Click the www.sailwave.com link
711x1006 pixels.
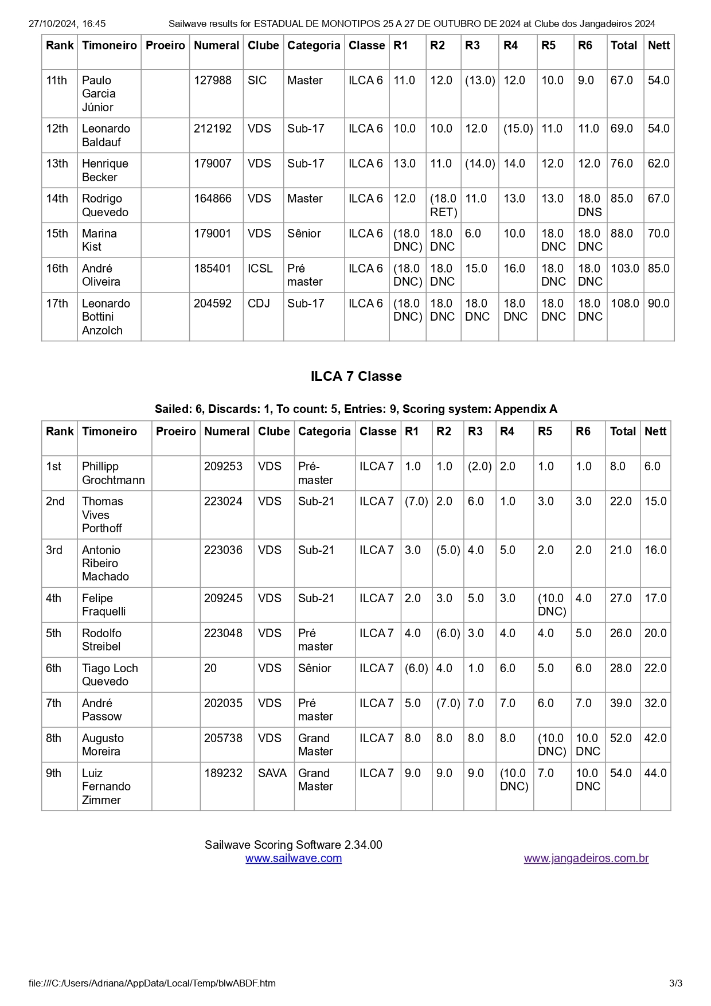pyautogui.click(x=293, y=858)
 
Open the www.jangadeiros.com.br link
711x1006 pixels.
pyautogui.click(x=586, y=858)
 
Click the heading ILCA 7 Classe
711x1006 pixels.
pyautogui.click(x=355, y=376)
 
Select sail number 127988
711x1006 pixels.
pyautogui.click(x=213, y=80)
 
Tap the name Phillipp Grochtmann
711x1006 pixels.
pyautogui.click(x=113, y=473)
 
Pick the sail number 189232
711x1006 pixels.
pyautogui.click(x=223, y=773)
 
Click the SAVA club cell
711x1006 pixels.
pyautogui.click(x=272, y=773)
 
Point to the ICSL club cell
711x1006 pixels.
pyautogui.click(x=260, y=268)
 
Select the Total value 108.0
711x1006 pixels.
pyautogui.click(x=624, y=303)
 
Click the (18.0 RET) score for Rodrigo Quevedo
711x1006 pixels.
pyautogui.click(x=443, y=205)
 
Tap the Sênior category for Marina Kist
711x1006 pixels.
pyautogui.click(x=304, y=233)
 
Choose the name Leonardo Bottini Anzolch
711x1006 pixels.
pyautogui.click(x=106, y=317)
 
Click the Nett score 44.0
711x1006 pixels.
pyautogui.click(x=655, y=773)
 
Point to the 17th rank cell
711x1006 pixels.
pyautogui.click(x=57, y=303)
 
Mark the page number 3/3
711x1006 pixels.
pyautogui.click(x=675, y=983)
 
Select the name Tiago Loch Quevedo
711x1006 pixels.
pyautogui.click(x=110, y=674)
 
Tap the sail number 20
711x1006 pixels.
pyautogui.click(x=210, y=668)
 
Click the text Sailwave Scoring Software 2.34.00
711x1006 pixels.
pyautogui.click(x=293, y=845)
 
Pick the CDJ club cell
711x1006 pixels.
pyautogui.click(x=259, y=303)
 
